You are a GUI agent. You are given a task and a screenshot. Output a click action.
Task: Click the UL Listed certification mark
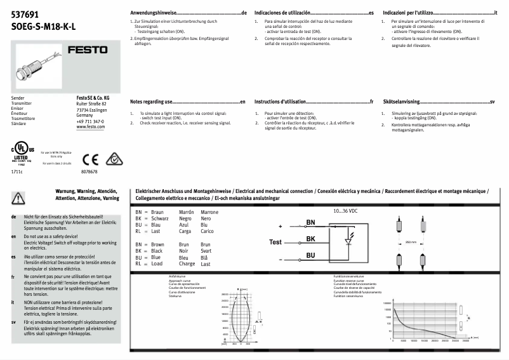[23, 154]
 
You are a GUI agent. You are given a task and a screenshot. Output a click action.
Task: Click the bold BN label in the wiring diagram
[310, 222]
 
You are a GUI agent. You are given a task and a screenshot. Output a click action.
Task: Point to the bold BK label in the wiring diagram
[310, 239]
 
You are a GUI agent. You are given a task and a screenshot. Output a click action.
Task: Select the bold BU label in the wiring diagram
[310, 255]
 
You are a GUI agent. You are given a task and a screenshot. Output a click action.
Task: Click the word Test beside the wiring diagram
[275, 242]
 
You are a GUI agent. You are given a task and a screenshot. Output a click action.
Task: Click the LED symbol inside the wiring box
[347, 241]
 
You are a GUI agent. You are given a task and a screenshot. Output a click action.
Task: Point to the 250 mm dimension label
[411, 242]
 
